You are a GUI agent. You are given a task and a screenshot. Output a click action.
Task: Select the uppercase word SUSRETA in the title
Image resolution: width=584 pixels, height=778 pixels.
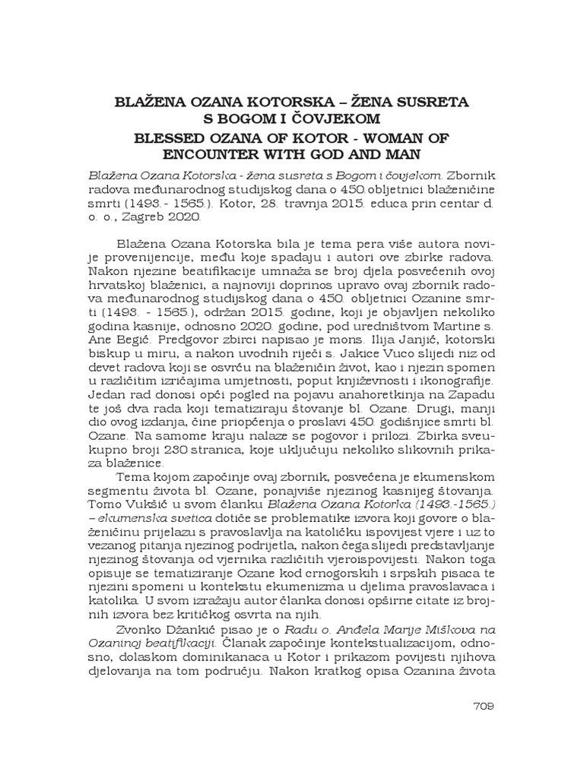[431, 101]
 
